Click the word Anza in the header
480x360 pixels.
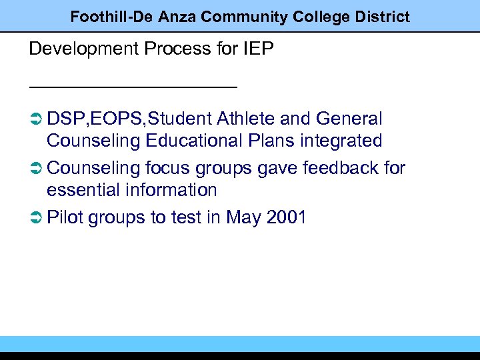tap(177, 17)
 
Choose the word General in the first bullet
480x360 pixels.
tap(349, 119)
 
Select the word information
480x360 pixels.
tap(171, 191)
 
